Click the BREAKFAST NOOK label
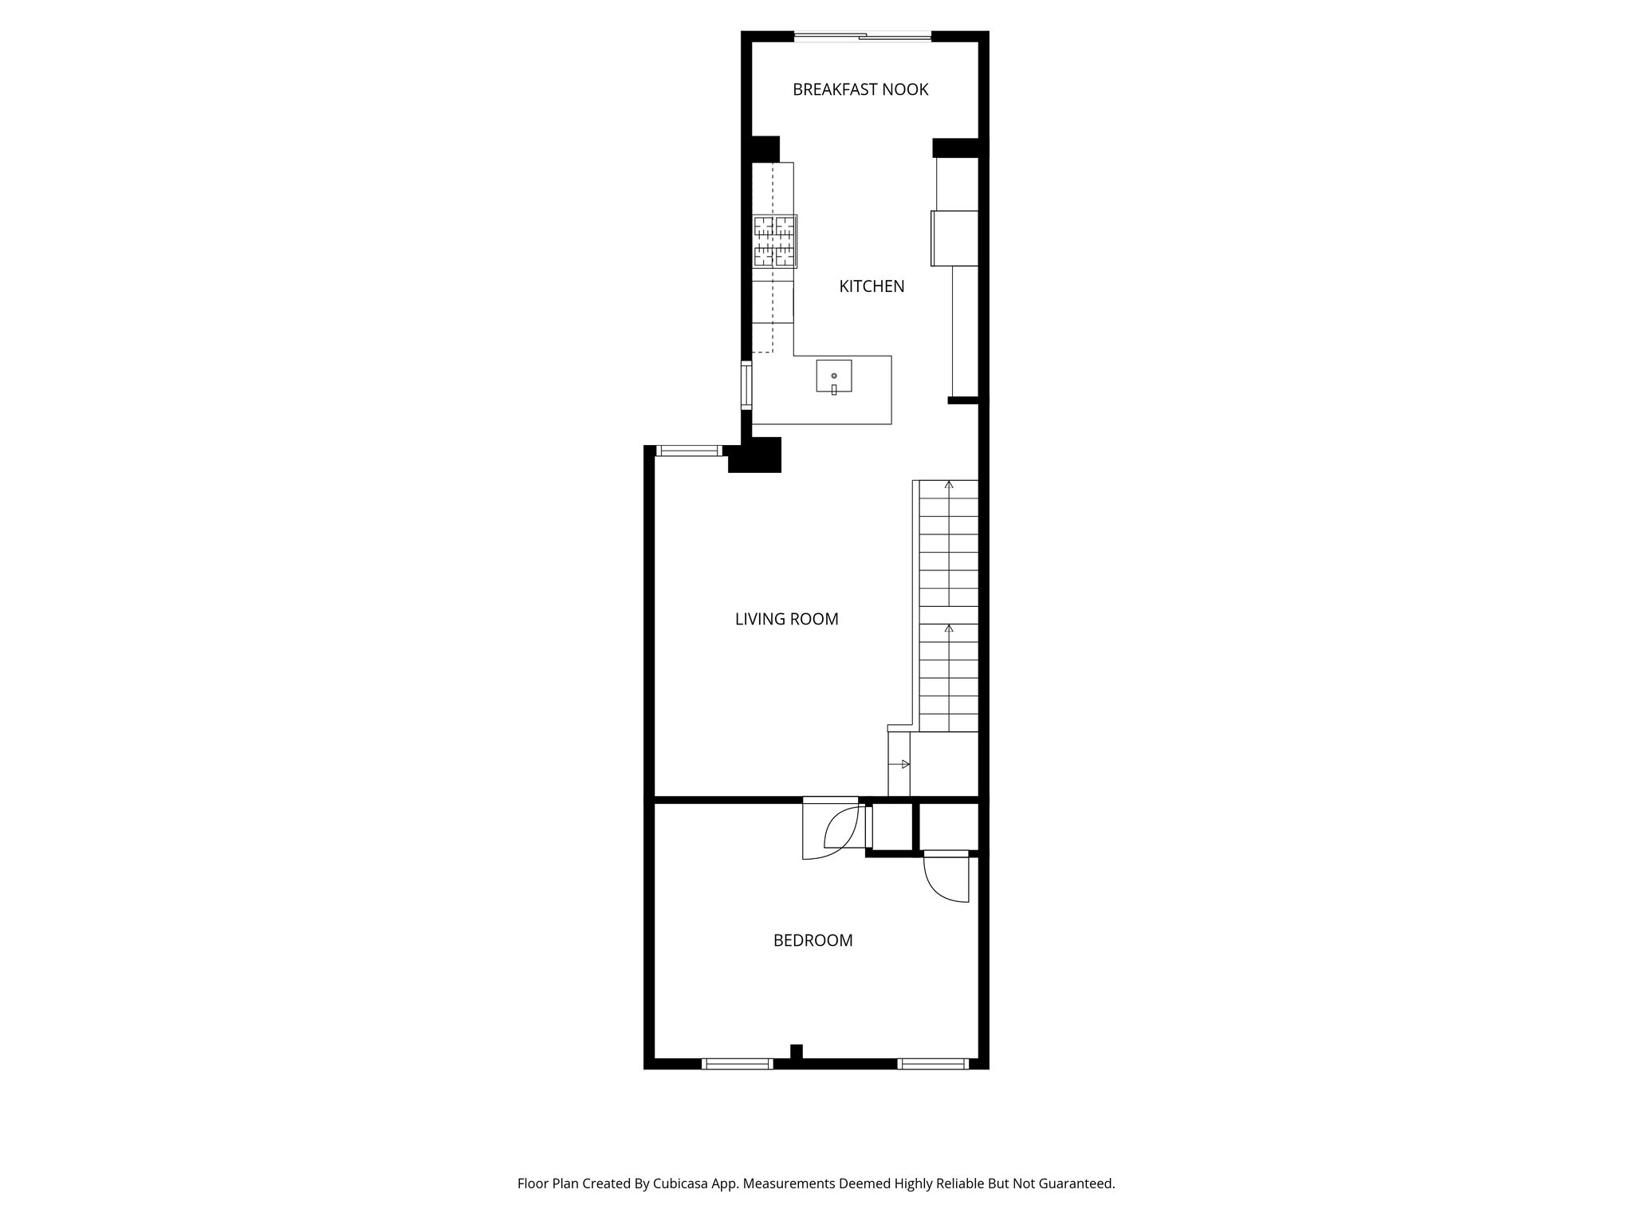(x=860, y=89)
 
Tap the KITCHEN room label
(x=872, y=286)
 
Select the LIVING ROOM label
(x=786, y=619)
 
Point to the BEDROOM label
(x=813, y=940)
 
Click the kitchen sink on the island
(x=833, y=376)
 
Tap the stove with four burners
(x=775, y=241)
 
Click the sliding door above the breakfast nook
(x=863, y=36)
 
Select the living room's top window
(x=689, y=451)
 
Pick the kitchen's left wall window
(x=746, y=385)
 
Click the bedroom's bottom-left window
(x=737, y=1063)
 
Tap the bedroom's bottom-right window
(x=932, y=1063)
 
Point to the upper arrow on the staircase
(x=949, y=485)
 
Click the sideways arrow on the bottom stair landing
(x=904, y=764)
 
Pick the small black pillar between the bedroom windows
(x=796, y=1052)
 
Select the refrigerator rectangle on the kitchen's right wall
(x=954, y=238)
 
